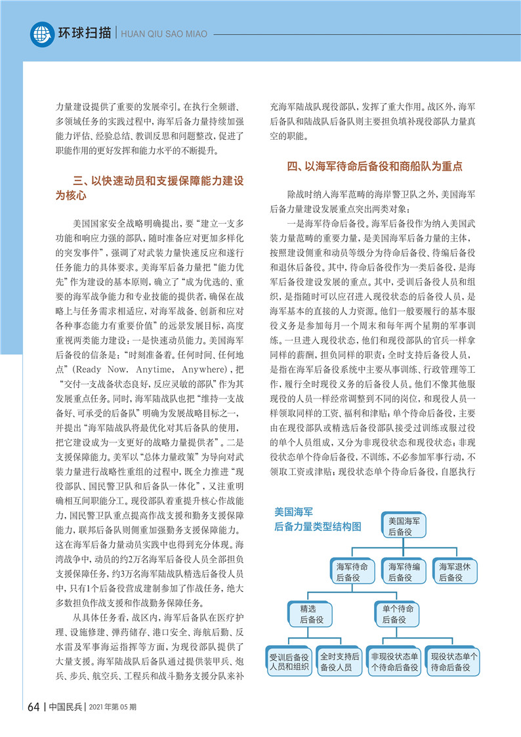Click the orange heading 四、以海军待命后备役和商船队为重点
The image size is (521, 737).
coord(375,167)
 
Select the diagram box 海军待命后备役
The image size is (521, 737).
coord(355,572)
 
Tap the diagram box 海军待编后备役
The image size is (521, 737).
coord(404,572)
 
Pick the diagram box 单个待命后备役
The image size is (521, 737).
coord(398,614)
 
